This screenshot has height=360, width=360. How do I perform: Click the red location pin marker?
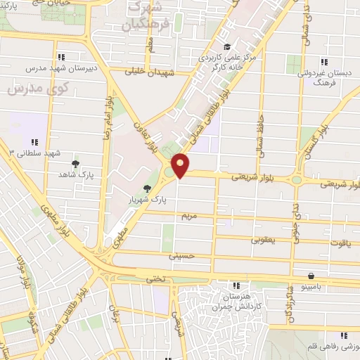click(181, 165)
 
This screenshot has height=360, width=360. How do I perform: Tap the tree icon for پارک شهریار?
click(147, 188)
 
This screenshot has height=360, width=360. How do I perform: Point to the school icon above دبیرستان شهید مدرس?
click(62, 56)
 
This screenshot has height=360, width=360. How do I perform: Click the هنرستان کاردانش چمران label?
click(237, 301)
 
